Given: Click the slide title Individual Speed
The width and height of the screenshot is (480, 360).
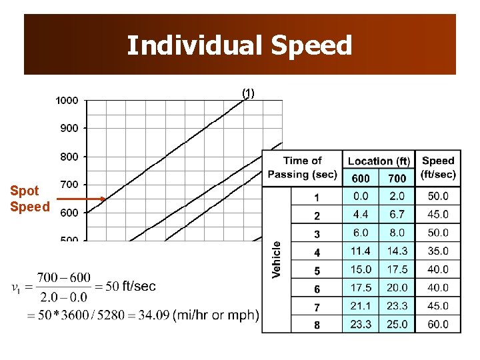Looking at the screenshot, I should pyautogui.click(x=239, y=45).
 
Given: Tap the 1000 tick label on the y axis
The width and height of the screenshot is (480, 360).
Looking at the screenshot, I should pyautogui.click(x=67, y=101).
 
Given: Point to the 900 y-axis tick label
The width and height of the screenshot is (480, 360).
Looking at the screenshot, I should pyautogui.click(x=69, y=128).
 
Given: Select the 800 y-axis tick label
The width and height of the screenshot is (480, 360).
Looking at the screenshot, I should pyautogui.click(x=69, y=157).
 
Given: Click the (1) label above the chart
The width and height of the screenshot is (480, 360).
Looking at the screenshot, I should pyautogui.click(x=248, y=93).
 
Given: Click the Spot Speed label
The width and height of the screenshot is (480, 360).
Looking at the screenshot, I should pyautogui.click(x=29, y=199).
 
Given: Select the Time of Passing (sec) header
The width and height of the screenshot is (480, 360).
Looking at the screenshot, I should pyautogui.click(x=302, y=167).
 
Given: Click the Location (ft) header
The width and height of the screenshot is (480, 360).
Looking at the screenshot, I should pyautogui.click(x=379, y=161).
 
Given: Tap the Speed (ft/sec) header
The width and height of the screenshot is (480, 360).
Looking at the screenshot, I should pyautogui.click(x=438, y=167).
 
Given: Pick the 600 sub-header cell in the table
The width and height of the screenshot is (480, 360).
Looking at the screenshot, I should pyautogui.click(x=361, y=178).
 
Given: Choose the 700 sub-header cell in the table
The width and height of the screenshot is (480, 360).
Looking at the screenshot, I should pyautogui.click(x=397, y=178).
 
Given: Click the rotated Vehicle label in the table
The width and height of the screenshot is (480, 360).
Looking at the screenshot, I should pyautogui.click(x=277, y=259).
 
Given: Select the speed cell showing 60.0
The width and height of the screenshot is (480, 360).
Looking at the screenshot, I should pyautogui.click(x=438, y=325).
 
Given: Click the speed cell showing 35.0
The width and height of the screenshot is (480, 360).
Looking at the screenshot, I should pyautogui.click(x=438, y=251).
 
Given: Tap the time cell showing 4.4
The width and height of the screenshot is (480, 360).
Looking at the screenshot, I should pyautogui.click(x=361, y=215).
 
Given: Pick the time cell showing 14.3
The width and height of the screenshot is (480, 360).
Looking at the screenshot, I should pyautogui.click(x=397, y=251).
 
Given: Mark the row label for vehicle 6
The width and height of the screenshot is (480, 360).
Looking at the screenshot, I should pyautogui.click(x=317, y=289).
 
